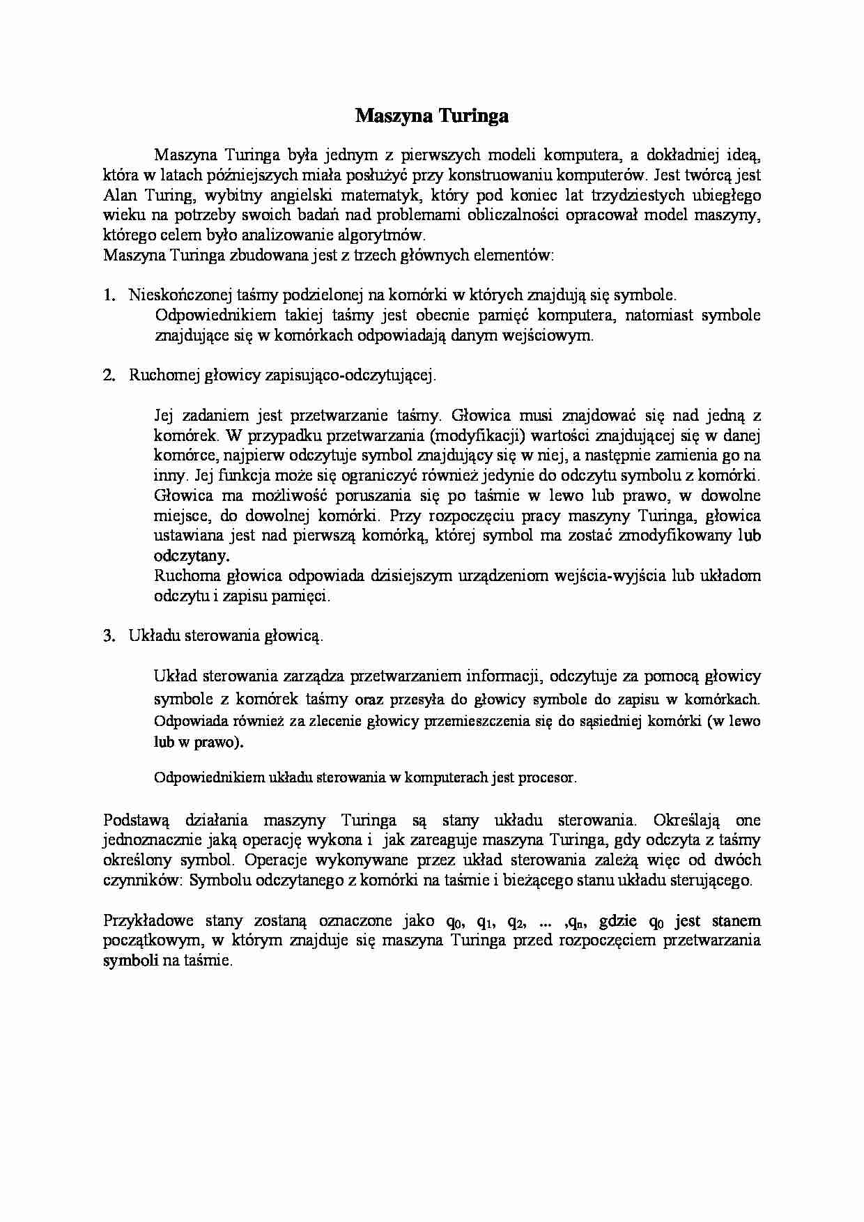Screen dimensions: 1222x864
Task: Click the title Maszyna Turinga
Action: coord(431,116)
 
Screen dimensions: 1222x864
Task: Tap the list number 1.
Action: coord(109,295)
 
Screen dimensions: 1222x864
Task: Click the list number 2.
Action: coord(109,376)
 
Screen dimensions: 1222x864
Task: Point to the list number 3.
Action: coord(109,636)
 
